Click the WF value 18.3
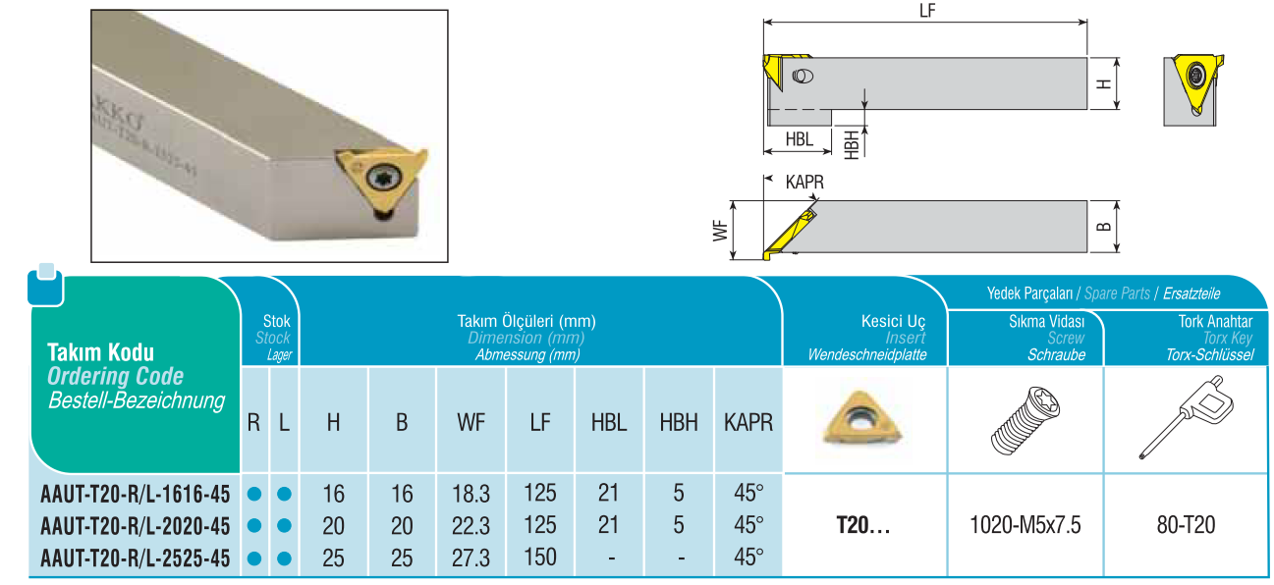471,493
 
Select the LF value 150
540,558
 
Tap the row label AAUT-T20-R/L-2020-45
136,526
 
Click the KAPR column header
748,423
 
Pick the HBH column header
679,423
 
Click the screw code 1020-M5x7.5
1025,525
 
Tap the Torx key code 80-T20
1186,525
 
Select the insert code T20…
862,525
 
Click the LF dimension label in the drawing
925,10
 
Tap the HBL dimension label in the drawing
800,139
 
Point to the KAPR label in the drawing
803,183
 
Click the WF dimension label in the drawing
720,231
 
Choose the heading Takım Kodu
100,352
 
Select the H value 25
334,558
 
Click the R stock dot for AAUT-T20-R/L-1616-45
253,494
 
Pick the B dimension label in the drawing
1103,226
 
